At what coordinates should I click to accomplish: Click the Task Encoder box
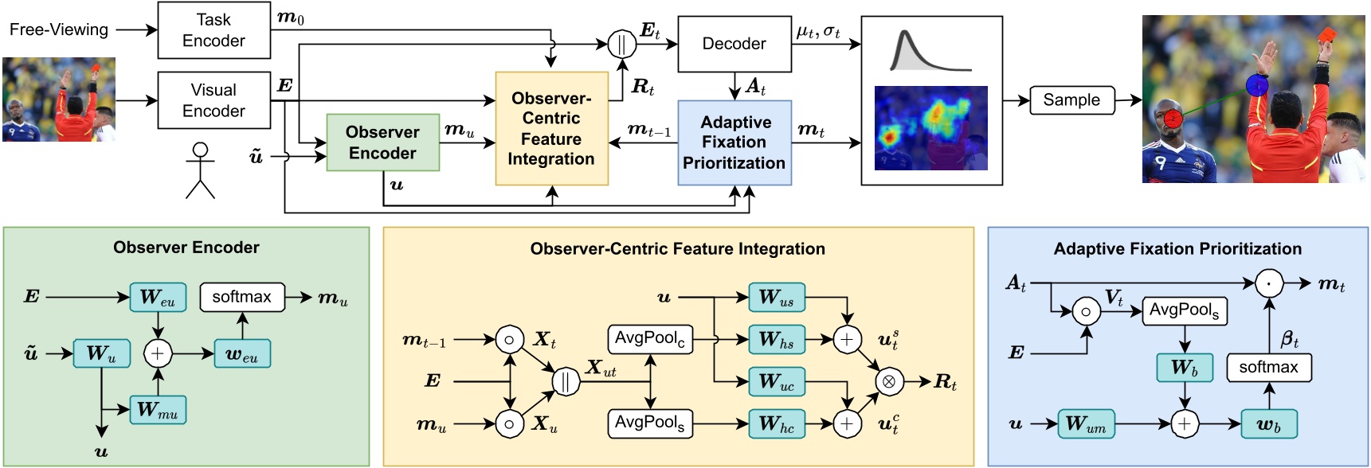[x=213, y=30]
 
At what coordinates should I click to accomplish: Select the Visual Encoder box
[x=213, y=100]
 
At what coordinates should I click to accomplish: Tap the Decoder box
[x=734, y=44]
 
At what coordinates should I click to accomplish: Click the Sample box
[x=1071, y=100]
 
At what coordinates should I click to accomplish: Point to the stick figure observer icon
[x=200, y=170]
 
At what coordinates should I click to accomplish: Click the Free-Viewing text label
[x=59, y=30]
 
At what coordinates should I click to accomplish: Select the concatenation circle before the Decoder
[x=621, y=44]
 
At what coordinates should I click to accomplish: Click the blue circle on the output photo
[x=1257, y=85]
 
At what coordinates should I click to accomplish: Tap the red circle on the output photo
[x=1173, y=119]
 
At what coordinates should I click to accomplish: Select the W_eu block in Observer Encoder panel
[x=158, y=297]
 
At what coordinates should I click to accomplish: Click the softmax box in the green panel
[x=241, y=297]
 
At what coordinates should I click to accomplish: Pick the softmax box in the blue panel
[x=1268, y=367]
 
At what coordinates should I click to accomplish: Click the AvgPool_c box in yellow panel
[x=650, y=339]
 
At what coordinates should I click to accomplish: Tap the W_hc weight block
[x=776, y=423]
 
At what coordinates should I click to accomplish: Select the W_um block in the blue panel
[x=1086, y=423]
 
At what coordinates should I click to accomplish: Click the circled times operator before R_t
[x=888, y=382]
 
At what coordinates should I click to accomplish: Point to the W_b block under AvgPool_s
[x=1185, y=368]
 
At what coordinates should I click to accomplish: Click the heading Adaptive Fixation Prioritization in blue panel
[x=1177, y=249]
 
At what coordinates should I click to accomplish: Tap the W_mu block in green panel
[x=158, y=410]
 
